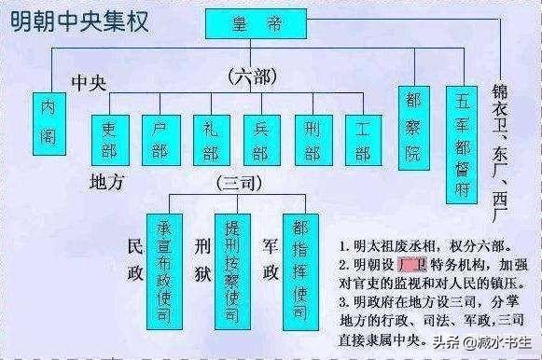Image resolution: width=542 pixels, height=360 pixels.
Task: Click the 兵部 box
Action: point(261,139)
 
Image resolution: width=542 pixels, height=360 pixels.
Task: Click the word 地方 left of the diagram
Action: point(107,182)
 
